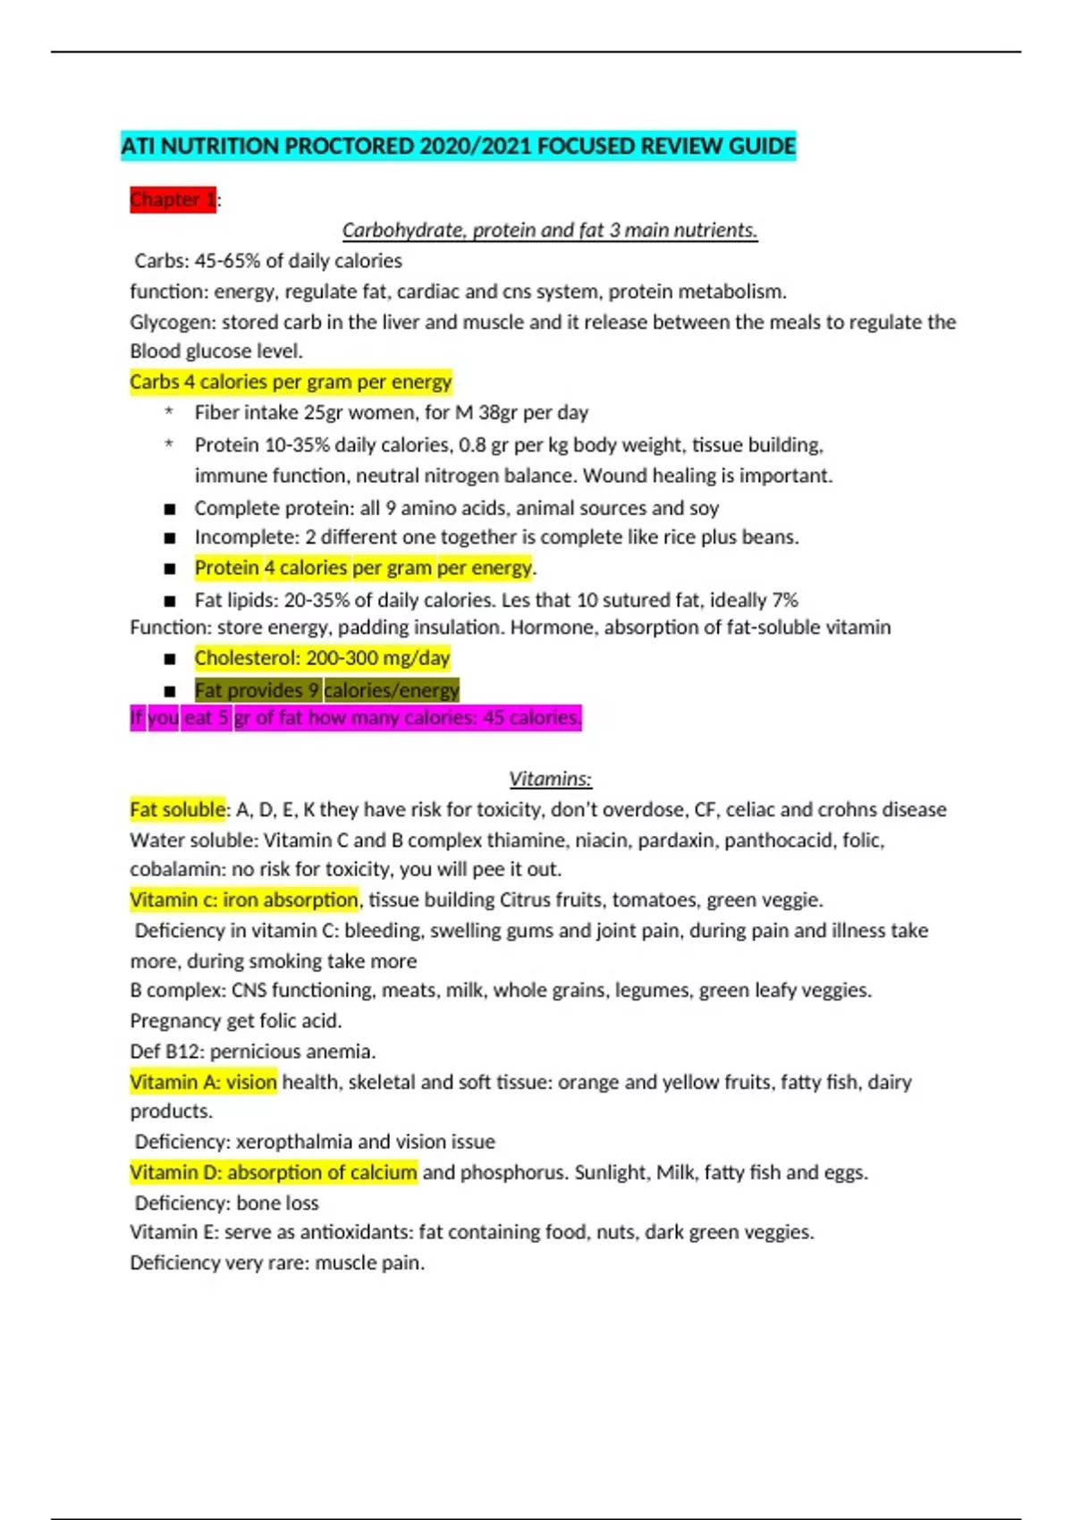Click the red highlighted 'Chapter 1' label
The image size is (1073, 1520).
[x=173, y=199]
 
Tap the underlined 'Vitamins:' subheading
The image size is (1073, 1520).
[x=550, y=779]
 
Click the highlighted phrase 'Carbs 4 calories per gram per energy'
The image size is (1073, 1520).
[x=291, y=382]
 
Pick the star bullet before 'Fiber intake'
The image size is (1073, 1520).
[x=168, y=413]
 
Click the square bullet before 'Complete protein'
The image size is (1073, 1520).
[x=170, y=510]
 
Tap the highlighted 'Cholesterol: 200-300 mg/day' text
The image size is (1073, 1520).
[x=322, y=658]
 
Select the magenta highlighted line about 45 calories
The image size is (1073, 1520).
[x=356, y=717]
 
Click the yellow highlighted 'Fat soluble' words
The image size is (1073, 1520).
[x=177, y=809]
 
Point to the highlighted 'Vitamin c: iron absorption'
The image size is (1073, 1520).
[x=243, y=899]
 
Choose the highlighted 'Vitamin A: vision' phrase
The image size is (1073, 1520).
[x=203, y=1082]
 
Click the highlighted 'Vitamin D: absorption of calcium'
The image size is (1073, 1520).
[x=273, y=1172]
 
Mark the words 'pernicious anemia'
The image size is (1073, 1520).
[x=292, y=1051]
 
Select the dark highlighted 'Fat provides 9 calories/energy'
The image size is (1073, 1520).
[x=326, y=690]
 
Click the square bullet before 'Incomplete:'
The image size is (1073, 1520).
[x=170, y=538]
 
